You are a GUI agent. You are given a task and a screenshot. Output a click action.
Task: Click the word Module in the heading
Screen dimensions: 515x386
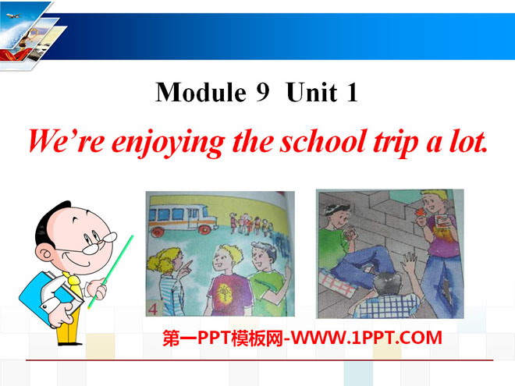point(201,92)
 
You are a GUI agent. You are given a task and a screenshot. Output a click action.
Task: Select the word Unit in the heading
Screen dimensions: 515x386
point(311,92)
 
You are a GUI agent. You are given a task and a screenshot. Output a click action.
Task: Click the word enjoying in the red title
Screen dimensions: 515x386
point(169,143)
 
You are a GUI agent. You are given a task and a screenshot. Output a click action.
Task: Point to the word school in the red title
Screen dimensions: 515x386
point(323,141)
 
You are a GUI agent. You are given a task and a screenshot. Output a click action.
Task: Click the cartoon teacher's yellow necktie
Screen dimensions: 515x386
point(75,283)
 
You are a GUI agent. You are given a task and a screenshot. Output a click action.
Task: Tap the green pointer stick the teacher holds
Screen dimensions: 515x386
point(110,272)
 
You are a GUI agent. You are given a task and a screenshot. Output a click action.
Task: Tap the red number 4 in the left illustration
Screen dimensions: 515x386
point(153,309)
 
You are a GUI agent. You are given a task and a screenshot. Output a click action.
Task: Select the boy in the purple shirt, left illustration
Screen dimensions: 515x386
point(226,281)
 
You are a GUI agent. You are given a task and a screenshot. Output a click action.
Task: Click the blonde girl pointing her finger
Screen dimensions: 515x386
point(169,282)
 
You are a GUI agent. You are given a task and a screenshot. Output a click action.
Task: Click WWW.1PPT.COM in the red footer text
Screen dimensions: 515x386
point(367,338)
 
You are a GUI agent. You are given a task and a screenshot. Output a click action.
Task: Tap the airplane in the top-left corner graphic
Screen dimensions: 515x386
point(13,16)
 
